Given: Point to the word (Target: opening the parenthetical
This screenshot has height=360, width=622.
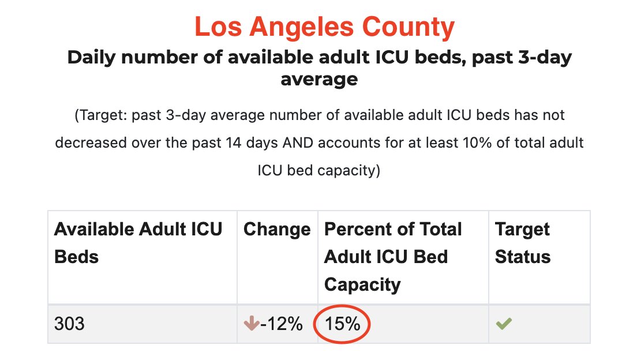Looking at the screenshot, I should point(100,115).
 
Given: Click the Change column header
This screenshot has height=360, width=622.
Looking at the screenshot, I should point(277,230).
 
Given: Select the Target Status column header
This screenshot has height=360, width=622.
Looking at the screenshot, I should point(523,242).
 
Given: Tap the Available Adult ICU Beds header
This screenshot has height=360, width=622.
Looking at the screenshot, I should point(138,242).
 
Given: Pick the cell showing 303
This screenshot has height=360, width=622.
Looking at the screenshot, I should point(69,324).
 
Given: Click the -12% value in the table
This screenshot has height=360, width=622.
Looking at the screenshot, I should point(281,324).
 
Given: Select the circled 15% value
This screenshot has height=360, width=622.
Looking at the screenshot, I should point(342,324).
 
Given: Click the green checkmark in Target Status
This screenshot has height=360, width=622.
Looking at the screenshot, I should point(504,324).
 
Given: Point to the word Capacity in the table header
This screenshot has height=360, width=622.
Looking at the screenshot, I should point(362,284).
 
